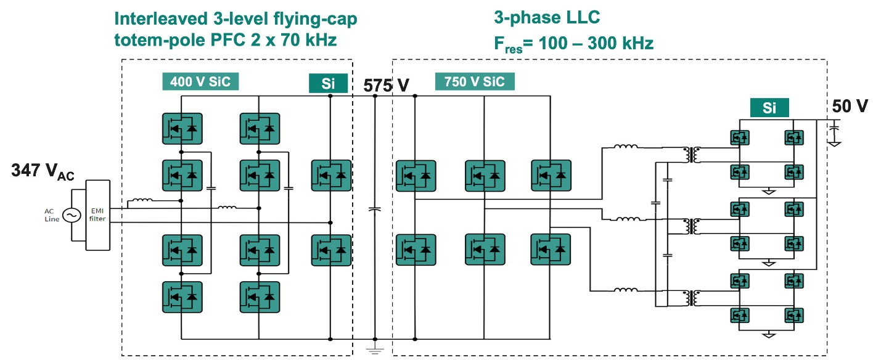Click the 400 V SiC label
point(200,81)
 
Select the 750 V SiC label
point(475,81)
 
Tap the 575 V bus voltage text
point(386,86)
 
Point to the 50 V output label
point(850,106)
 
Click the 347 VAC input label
point(43,171)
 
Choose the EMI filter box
point(97,215)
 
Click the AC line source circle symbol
point(72,215)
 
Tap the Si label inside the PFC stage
point(328,83)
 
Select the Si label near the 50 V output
point(769,108)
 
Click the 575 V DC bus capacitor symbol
point(374,209)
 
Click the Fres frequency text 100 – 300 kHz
point(596,43)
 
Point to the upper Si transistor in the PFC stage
point(331,176)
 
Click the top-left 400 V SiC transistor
point(182,129)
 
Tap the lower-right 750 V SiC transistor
point(551,250)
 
